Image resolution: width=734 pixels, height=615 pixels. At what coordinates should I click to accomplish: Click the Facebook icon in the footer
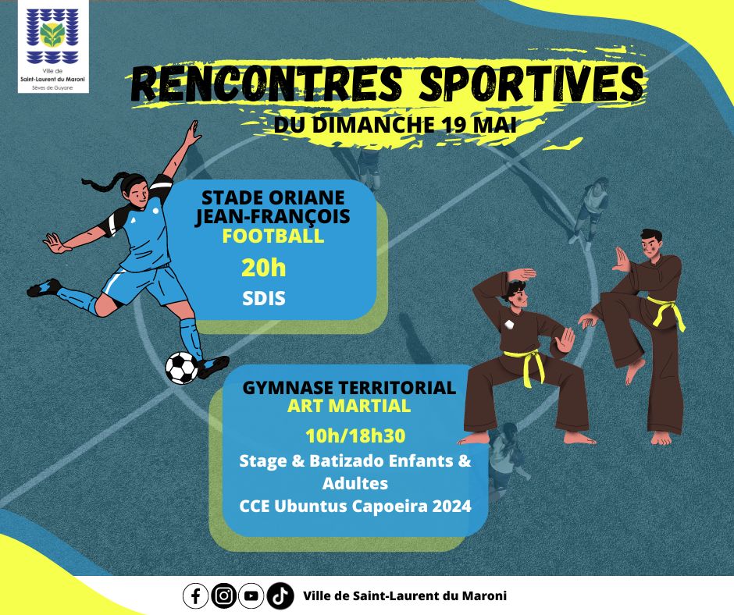pyautogui.click(x=196, y=595)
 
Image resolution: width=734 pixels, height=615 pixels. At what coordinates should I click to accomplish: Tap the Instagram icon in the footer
pyautogui.click(x=224, y=595)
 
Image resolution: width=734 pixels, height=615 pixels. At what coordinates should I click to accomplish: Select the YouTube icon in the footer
pyautogui.click(x=251, y=595)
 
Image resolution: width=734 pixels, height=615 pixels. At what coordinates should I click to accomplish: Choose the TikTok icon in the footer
pyautogui.click(x=280, y=595)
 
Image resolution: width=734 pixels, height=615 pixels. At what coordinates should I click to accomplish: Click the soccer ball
pyautogui.click(x=182, y=368)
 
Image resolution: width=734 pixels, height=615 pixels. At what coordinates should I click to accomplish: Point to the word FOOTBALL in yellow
pyautogui.click(x=273, y=236)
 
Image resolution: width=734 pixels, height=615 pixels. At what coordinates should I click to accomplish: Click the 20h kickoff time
pyautogui.click(x=264, y=268)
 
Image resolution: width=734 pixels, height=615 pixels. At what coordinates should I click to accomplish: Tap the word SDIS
pyautogui.click(x=264, y=299)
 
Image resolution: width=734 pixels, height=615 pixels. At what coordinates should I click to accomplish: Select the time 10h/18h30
pyautogui.click(x=355, y=435)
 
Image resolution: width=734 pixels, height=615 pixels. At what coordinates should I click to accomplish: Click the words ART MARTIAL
pyautogui.click(x=349, y=406)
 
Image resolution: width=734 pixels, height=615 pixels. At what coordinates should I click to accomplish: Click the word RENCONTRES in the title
pyautogui.click(x=266, y=84)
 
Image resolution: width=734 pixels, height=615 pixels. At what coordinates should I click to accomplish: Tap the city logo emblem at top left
pyautogui.click(x=52, y=37)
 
